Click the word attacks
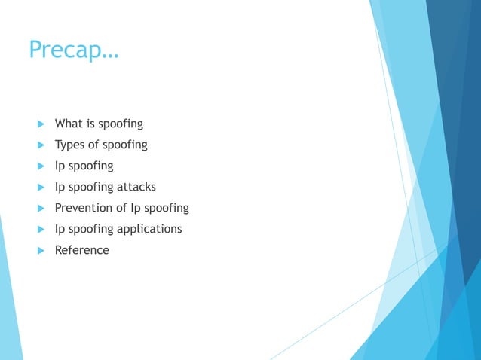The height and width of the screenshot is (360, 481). [x=136, y=186]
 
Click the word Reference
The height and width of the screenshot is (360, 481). [x=82, y=250]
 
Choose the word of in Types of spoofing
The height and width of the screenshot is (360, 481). [x=95, y=144]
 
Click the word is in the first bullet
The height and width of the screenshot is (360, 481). [x=90, y=123]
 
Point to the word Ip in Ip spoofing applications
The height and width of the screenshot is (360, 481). [x=60, y=228]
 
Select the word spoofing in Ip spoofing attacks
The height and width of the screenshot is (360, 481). [x=91, y=187]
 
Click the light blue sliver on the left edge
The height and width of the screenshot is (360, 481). [x=9, y=301]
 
